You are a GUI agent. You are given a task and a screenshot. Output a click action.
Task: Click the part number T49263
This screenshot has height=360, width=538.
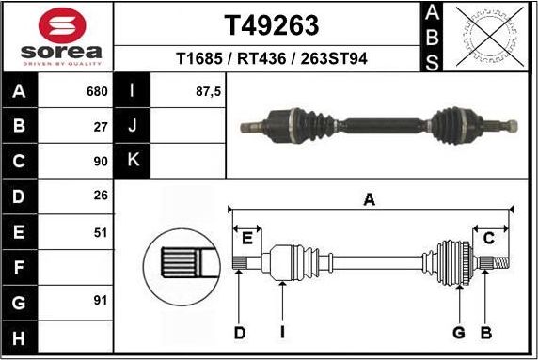pos(271,23)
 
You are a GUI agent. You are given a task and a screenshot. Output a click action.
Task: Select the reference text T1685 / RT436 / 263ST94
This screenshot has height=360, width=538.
pos(271,58)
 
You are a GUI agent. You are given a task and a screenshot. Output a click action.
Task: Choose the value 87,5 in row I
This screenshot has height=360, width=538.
pos(206,92)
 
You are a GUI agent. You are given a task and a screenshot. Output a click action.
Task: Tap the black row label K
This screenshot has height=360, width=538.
pos(133,160)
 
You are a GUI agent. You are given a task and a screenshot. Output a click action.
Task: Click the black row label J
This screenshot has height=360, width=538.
pos(133,125)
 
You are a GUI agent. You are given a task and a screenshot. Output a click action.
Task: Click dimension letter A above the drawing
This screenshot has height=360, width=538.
pos(370,198)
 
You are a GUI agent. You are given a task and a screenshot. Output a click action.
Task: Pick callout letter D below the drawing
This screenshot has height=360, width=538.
pos(239,332)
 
